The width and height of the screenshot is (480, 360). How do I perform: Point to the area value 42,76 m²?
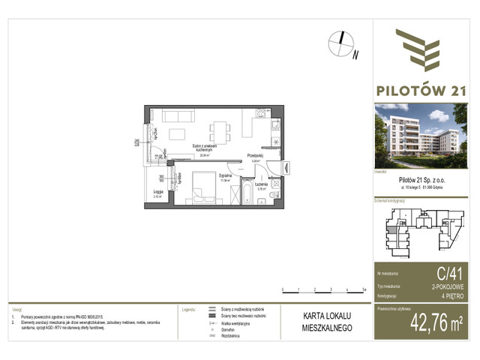coord(435,324)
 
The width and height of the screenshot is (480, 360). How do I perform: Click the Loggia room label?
coord(157,192)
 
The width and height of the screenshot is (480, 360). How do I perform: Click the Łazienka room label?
coord(262,186)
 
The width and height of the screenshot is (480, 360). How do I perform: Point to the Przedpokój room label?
coord(255,157)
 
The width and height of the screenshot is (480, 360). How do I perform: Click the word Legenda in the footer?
coord(189,308)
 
